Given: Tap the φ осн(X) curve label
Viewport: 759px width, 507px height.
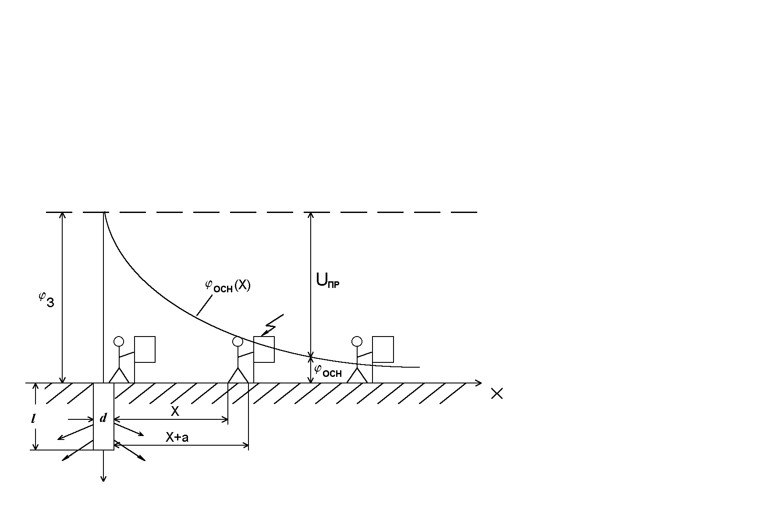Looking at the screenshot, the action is pyautogui.click(x=227, y=286).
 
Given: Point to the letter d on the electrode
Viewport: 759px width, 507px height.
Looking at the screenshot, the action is pyautogui.click(x=103, y=418).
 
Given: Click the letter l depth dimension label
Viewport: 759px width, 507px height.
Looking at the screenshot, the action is pyautogui.click(x=33, y=419).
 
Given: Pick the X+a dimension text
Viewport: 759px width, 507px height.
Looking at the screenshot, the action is pyautogui.click(x=177, y=437).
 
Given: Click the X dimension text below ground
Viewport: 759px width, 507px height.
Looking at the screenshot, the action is pyautogui.click(x=175, y=411).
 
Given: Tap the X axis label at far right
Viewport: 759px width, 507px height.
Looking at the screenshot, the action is pyautogui.click(x=497, y=394).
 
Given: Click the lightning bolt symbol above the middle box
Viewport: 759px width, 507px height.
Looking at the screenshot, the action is pyautogui.click(x=273, y=325).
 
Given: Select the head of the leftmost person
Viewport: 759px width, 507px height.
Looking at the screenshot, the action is pyautogui.click(x=118, y=341).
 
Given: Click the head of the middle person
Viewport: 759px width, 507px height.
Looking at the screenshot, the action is pyautogui.click(x=238, y=341).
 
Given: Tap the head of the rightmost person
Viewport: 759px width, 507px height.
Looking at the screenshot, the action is pyautogui.click(x=357, y=341).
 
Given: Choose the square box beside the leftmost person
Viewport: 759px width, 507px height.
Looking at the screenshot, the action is pyautogui.click(x=145, y=349).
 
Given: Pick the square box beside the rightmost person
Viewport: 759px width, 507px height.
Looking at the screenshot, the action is pyautogui.click(x=383, y=349).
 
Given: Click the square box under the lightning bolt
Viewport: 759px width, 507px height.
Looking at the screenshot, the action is pyautogui.click(x=264, y=349).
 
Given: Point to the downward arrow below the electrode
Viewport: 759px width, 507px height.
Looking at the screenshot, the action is pyautogui.click(x=103, y=473).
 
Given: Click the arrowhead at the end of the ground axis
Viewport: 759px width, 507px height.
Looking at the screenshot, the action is pyautogui.click(x=479, y=383).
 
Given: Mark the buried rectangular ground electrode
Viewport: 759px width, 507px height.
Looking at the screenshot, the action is pyautogui.click(x=103, y=416).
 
